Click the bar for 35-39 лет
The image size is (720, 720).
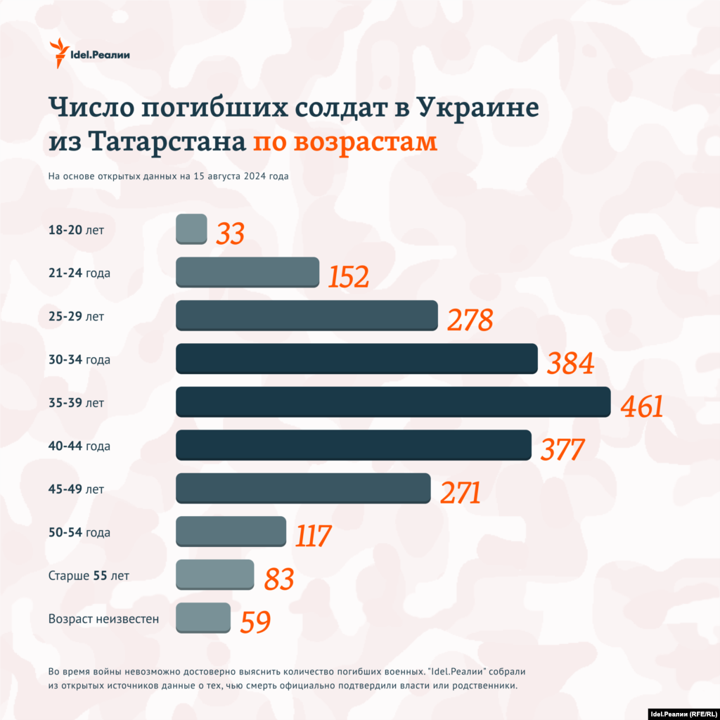[392, 401]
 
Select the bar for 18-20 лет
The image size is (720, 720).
[191, 229]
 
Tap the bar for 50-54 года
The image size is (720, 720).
[231, 532]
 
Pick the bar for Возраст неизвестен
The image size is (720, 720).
[203, 617]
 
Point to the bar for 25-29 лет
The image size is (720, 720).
[307, 315]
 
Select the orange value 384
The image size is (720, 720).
[570, 364]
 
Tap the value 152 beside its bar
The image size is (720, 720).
[348, 277]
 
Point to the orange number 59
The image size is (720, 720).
[255, 622]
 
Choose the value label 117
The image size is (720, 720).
[312, 536]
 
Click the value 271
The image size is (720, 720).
[460, 493]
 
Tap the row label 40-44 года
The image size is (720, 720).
[79, 446]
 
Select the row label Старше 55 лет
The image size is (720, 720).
[89, 576]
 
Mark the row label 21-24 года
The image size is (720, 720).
[79, 273]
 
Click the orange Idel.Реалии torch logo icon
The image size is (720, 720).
[59, 53]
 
